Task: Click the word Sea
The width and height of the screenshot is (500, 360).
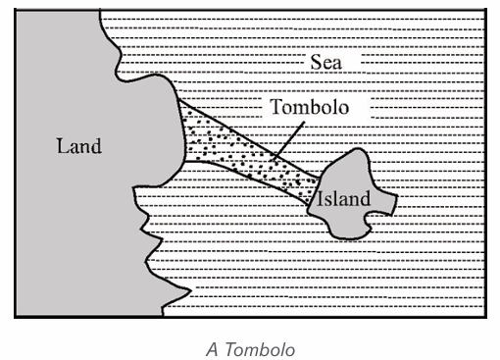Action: (x=325, y=62)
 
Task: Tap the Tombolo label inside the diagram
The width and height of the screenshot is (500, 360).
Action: (x=309, y=107)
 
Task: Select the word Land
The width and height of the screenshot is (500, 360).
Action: (x=79, y=145)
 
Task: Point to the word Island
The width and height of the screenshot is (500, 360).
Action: (x=344, y=198)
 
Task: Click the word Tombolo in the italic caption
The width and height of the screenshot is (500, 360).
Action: (x=260, y=349)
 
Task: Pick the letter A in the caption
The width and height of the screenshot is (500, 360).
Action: (x=212, y=349)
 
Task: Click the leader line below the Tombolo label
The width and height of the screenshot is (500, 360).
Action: (x=289, y=140)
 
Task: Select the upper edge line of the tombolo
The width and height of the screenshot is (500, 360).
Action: (x=249, y=139)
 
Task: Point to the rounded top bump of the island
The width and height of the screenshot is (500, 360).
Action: (x=358, y=150)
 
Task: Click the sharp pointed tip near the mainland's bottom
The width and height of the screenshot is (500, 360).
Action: (x=190, y=289)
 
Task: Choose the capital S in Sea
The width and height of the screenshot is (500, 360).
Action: (x=315, y=62)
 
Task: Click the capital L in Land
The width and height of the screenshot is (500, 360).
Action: (x=62, y=146)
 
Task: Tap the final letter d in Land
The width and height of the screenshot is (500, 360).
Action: (x=97, y=145)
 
